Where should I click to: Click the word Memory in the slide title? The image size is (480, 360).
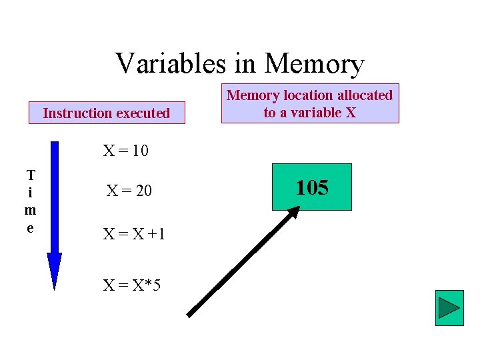(x=314, y=64)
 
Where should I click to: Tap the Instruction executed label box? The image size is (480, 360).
(x=107, y=113)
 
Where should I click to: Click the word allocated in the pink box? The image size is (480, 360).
(x=360, y=95)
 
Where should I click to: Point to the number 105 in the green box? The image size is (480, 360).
(x=312, y=188)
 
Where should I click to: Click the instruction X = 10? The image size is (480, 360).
(x=125, y=151)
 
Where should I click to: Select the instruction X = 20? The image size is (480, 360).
(x=129, y=191)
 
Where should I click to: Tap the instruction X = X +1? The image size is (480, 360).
(x=133, y=234)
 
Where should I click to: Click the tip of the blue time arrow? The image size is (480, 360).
(x=54, y=288)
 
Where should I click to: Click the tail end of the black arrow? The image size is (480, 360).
(x=189, y=314)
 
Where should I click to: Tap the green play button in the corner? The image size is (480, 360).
(x=449, y=308)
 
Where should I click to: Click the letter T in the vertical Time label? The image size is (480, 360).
(x=31, y=176)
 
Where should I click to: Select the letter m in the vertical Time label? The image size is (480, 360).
(x=31, y=210)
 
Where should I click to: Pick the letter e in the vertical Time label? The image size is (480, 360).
(x=31, y=227)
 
